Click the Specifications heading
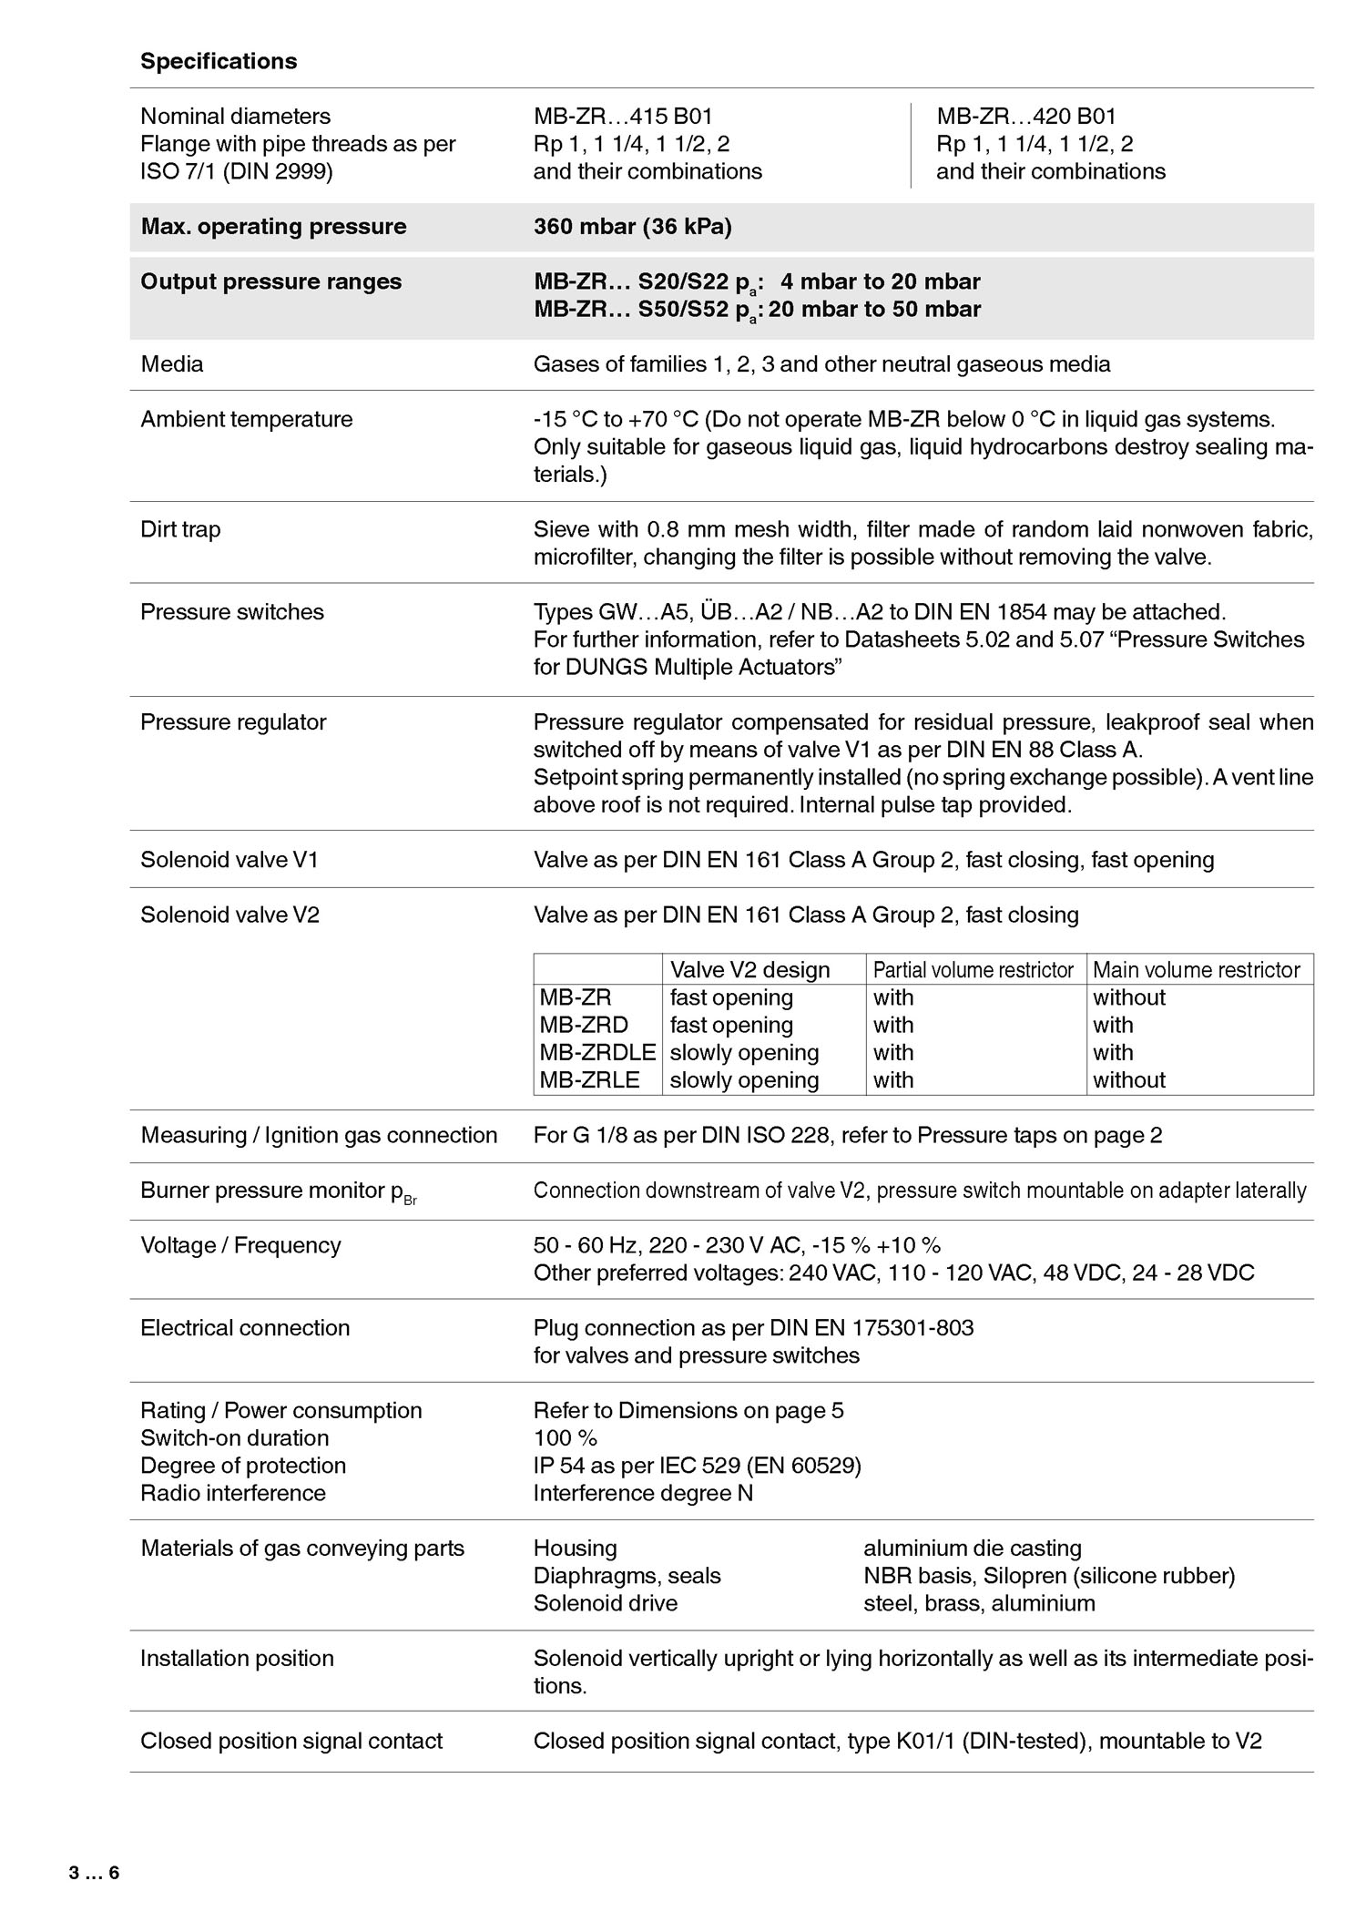(x=219, y=61)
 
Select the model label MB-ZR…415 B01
(x=623, y=117)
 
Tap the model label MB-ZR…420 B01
(x=1026, y=117)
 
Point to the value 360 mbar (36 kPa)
(x=633, y=227)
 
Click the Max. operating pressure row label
(x=273, y=227)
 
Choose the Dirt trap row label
(x=180, y=529)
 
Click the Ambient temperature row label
(x=246, y=419)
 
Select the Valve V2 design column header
(x=749, y=970)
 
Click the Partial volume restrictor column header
(x=973, y=970)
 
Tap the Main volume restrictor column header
(x=1196, y=970)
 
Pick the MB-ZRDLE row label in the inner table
(x=597, y=1052)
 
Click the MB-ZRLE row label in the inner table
(x=589, y=1079)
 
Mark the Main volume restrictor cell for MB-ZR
(x=1129, y=997)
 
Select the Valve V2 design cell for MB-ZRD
(x=731, y=1025)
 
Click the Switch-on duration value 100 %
(x=566, y=1437)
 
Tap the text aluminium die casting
(x=973, y=1548)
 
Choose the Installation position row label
(x=237, y=1658)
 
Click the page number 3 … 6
(x=94, y=1873)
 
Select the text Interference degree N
(x=643, y=1493)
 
